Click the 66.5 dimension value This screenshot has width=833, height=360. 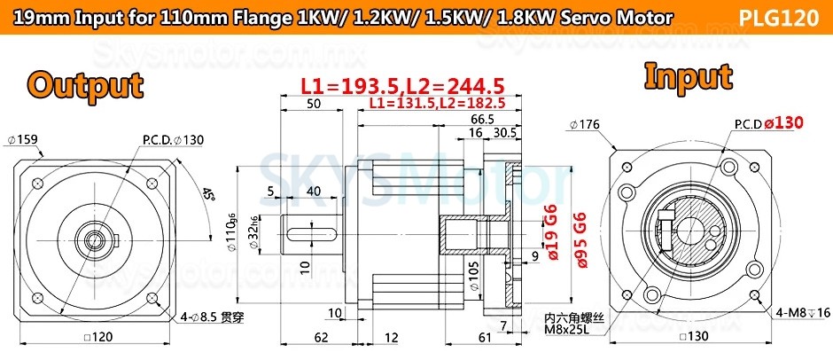[482, 119]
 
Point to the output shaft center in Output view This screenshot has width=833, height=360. [89, 238]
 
